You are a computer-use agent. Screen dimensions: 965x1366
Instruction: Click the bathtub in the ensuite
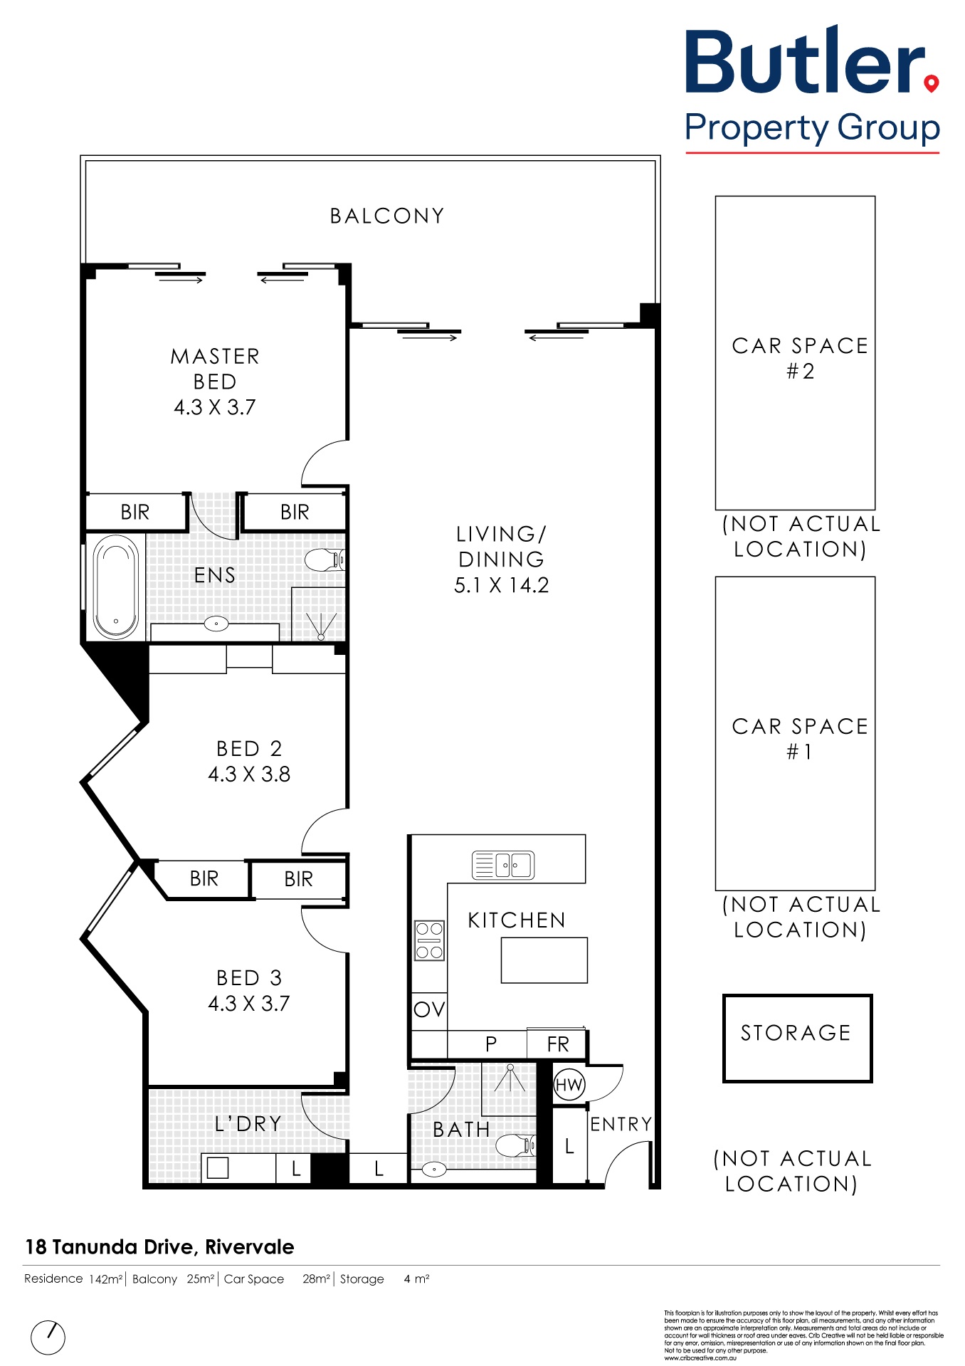pyautogui.click(x=115, y=587)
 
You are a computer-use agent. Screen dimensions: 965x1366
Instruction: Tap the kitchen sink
pyautogui.click(x=503, y=865)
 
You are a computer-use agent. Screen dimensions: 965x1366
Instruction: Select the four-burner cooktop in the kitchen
pyautogui.click(x=429, y=940)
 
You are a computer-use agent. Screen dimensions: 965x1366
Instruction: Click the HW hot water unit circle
pyautogui.click(x=569, y=1085)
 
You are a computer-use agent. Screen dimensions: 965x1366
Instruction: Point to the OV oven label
pyautogui.click(x=429, y=1009)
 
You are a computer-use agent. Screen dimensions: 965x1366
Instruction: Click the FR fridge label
pyautogui.click(x=558, y=1044)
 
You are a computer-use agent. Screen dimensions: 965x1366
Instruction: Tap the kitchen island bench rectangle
pyautogui.click(x=544, y=960)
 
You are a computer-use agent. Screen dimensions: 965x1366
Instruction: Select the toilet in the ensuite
pyautogui.click(x=325, y=559)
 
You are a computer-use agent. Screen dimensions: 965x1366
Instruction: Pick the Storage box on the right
pyautogui.click(x=797, y=1039)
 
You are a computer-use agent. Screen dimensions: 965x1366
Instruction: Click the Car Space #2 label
pyautogui.click(x=800, y=358)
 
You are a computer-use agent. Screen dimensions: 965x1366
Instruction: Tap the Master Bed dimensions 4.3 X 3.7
pyautogui.click(x=215, y=407)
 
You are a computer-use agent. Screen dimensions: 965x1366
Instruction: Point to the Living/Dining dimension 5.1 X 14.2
pyautogui.click(x=502, y=585)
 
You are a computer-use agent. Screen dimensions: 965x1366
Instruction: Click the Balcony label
pyautogui.click(x=387, y=216)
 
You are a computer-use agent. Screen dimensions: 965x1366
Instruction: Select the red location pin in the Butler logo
pyautogui.click(x=931, y=84)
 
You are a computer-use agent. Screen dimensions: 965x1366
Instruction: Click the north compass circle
pyautogui.click(x=48, y=1338)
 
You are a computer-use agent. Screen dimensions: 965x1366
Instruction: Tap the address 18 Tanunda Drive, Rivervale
pyautogui.click(x=159, y=1247)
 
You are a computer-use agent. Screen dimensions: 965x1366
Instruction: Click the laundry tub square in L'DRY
pyautogui.click(x=218, y=1168)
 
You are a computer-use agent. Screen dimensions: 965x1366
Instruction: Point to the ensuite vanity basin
pyautogui.click(x=216, y=624)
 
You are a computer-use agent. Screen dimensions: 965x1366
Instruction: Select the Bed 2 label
pyautogui.click(x=249, y=749)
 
